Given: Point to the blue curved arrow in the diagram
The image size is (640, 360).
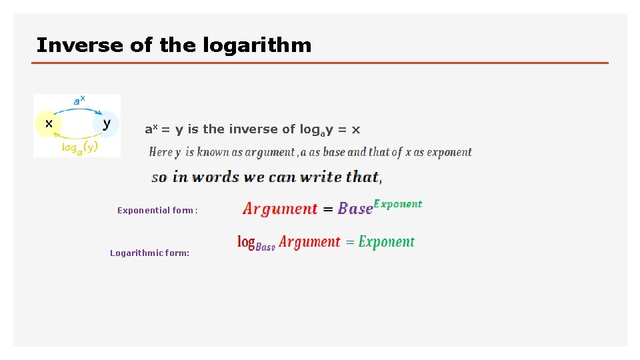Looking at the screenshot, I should pyautogui.click(x=77, y=109).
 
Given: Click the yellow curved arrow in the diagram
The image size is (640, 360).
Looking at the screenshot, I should pyautogui.click(x=77, y=138).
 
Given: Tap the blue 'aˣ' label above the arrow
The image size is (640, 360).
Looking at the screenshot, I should pyautogui.click(x=78, y=100).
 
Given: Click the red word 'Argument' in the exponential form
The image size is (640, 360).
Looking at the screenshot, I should pyautogui.click(x=280, y=209).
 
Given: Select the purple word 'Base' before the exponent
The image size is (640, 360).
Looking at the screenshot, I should pyautogui.click(x=355, y=209).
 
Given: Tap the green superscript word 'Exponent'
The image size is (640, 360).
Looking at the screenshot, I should pyautogui.click(x=398, y=203).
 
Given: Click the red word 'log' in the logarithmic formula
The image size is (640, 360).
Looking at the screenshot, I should pyautogui.click(x=246, y=242).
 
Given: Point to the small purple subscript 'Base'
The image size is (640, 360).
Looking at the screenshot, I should pyautogui.click(x=265, y=247).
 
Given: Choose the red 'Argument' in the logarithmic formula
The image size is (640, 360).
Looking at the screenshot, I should pyautogui.click(x=309, y=242).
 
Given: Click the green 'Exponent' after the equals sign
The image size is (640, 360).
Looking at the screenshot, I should pyautogui.click(x=387, y=242).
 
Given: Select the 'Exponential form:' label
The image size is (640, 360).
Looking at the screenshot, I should pyautogui.click(x=157, y=210).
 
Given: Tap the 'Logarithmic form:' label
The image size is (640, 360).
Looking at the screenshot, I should pyautogui.click(x=150, y=253).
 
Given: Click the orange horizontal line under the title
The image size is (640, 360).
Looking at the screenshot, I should pyautogui.click(x=320, y=63).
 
